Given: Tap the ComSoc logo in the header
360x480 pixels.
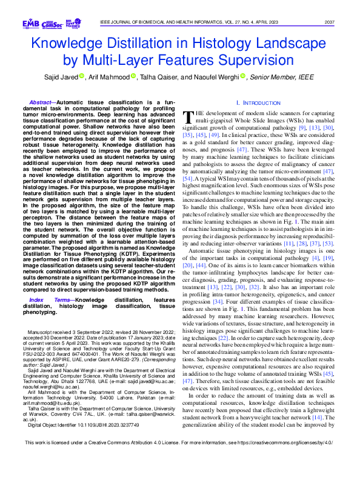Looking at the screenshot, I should tap(51, 23).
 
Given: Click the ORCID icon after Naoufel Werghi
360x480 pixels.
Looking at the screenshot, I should tap(242, 77).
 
